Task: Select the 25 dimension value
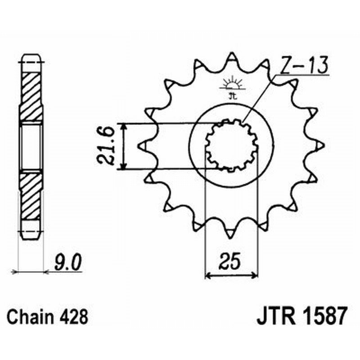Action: tap(231, 261)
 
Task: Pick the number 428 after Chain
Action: tap(74, 317)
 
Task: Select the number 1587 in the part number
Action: tap(324, 316)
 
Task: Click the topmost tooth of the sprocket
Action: tap(231, 57)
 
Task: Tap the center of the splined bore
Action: tap(231, 145)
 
